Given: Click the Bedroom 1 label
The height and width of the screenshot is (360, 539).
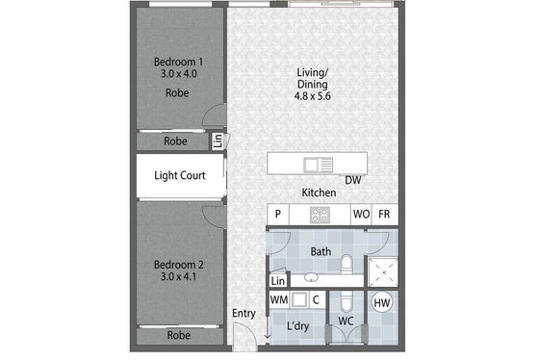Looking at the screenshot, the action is click(178, 62).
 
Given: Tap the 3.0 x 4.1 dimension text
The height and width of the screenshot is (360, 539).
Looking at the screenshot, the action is click(178, 276).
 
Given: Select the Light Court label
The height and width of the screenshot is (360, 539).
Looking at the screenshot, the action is click(180, 176).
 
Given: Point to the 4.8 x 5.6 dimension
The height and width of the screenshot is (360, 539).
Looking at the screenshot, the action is click(313, 96).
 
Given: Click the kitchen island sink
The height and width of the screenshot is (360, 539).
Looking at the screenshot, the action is click(319, 165).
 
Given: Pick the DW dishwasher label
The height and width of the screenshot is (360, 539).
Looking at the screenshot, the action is click(353, 180).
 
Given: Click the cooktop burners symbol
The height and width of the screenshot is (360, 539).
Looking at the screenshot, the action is click(320, 215).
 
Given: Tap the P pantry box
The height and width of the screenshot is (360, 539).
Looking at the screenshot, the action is click(278, 215).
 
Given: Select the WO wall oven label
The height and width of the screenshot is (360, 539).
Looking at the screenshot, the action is click(361, 215).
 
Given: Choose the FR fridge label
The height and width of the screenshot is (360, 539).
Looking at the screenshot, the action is click(384, 215).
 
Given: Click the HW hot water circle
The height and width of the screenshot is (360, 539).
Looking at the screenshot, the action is click(382, 303).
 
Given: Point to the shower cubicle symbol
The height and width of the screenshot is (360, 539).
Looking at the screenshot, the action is click(383, 272).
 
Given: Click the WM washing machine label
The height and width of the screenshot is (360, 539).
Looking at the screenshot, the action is click(279, 299).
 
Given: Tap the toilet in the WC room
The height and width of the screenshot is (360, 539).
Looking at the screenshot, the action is click(346, 302).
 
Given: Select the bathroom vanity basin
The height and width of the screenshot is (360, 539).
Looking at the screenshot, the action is click(311, 277).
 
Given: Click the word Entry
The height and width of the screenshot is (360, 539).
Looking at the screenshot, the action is click(244, 314).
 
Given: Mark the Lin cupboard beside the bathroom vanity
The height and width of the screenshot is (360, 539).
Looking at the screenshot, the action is click(278, 280).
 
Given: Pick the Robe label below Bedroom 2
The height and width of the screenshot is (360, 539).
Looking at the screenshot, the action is click(179, 335).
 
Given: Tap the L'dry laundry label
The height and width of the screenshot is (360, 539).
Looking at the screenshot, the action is click(298, 326).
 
